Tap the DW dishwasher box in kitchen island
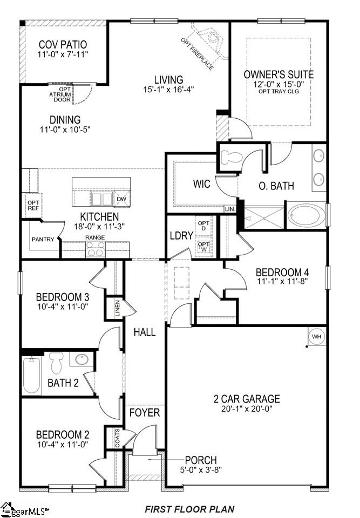pyautogui.click(x=122, y=199)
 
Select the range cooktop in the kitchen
pyautogui.click(x=96, y=249)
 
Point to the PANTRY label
pyautogui.click(x=43, y=239)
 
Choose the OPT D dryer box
pyautogui.click(x=203, y=226)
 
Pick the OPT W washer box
pyautogui.click(x=203, y=247)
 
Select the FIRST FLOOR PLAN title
pyautogui.click(x=189, y=509)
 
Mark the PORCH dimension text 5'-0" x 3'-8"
pyautogui.click(x=200, y=471)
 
